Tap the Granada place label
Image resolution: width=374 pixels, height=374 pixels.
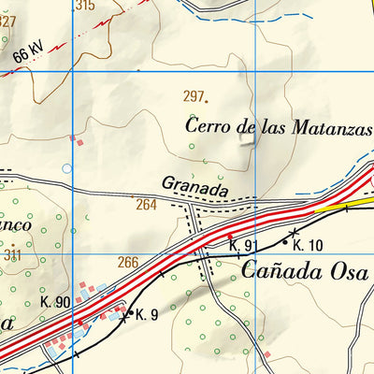coord(194,187)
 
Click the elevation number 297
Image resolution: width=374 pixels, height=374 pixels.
coord(193,96)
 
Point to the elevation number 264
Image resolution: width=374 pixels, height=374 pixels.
coord(146,205)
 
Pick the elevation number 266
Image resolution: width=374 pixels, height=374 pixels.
coord(128,263)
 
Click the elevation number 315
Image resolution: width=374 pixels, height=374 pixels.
coord(84,5)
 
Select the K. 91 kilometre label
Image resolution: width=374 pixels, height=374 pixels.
coord(243,246)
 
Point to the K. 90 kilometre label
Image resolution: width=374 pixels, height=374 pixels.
coord(56,302)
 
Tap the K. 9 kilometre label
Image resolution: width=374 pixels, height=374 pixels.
coord(145,314)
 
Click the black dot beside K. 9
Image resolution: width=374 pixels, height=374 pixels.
coord(129,311)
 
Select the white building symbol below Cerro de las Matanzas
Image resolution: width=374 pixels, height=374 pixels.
coord(247,140)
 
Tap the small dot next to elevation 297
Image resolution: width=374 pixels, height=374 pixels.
coord(206,98)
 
